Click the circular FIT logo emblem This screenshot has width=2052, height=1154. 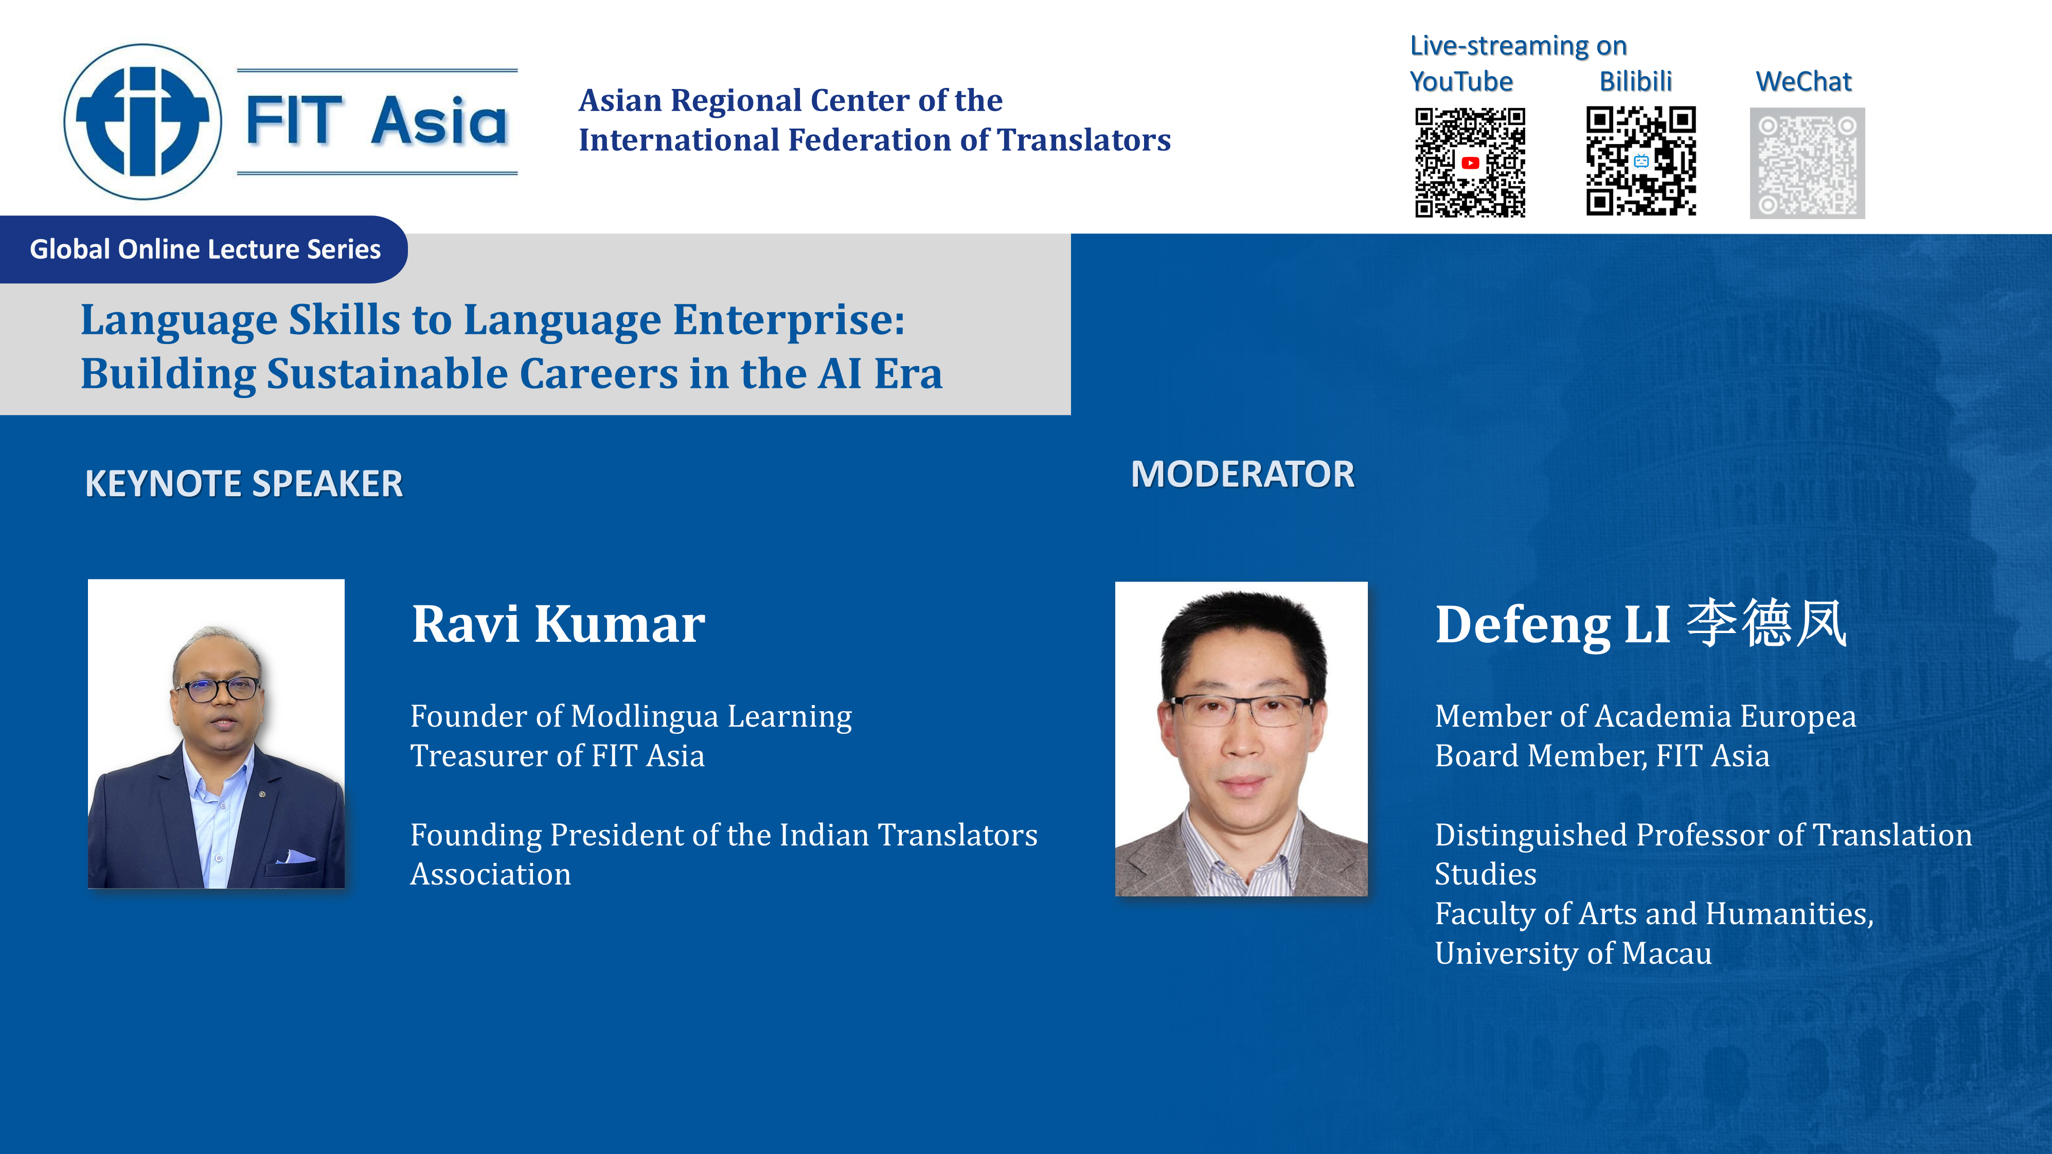coord(142,121)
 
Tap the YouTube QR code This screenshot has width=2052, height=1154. coord(1470,163)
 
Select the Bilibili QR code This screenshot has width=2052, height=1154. coord(1641,161)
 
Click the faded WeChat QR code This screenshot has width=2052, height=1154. coord(1807,163)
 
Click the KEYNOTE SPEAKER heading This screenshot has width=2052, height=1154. coord(244,483)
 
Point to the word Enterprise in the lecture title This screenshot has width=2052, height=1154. coord(789,321)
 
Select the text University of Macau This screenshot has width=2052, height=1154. coord(1573,953)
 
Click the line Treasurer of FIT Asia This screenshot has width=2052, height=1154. coord(558,756)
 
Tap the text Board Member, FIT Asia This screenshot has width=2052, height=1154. coord(1602,756)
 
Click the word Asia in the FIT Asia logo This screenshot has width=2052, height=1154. coord(439,122)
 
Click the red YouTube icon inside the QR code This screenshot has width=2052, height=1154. coord(1471,163)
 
